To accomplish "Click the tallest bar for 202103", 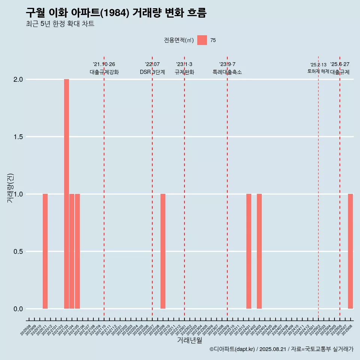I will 66,194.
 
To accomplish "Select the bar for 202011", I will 45,251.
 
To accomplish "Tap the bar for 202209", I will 163,251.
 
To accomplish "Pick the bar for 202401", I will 249,251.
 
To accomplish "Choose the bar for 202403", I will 259,251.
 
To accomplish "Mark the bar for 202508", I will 350,251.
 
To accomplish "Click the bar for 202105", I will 77,251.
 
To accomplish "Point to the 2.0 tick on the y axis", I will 18,79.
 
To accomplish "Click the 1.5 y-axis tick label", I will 18,137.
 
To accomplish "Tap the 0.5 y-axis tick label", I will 18,251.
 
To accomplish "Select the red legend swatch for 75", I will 202,40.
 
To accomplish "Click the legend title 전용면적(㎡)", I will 179,40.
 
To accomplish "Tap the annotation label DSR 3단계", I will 152,72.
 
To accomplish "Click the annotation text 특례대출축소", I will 227,72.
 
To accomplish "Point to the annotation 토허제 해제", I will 318,71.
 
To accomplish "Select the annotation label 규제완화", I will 184,72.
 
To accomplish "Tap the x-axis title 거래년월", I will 189,340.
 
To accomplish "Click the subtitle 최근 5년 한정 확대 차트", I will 60,24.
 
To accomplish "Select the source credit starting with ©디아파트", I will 281,349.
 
